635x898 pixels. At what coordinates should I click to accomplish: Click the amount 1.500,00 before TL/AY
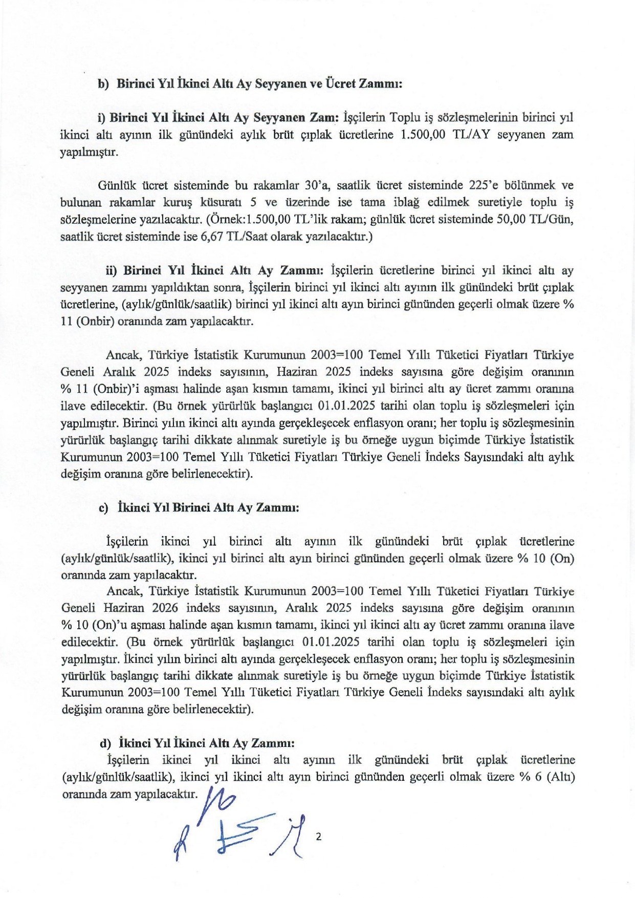[420, 135]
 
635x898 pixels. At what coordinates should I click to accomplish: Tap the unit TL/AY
[471, 135]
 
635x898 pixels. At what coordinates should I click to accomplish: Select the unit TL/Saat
[258, 237]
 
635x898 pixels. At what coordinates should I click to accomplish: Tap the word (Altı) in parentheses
[560, 777]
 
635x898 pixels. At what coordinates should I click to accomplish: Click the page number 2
[319, 837]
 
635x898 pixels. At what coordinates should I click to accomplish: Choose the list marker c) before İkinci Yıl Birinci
[104, 507]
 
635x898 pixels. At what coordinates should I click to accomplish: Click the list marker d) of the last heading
[105, 743]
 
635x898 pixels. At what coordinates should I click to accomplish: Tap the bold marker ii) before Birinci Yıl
[112, 270]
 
